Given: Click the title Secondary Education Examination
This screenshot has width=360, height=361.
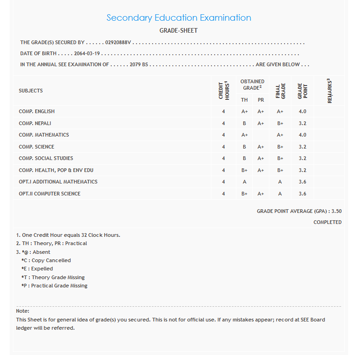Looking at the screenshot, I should tap(178, 18).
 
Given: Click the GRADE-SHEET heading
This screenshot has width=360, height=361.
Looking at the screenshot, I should tap(178, 31).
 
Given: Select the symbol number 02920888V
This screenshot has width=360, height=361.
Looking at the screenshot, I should tap(118, 43).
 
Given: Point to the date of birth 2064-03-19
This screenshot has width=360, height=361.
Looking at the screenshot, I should tap(87, 54).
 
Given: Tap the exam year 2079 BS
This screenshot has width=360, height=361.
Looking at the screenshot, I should tap(139, 65).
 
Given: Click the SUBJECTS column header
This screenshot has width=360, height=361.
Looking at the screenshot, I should tap(31, 91).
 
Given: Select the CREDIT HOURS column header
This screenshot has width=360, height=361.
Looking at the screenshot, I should tap(223, 91).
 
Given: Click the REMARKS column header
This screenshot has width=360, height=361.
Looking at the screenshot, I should tap(329, 91).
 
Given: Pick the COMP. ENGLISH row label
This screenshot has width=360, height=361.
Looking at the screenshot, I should tap(37, 112).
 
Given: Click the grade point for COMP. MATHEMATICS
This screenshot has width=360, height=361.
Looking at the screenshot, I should tap(302, 135).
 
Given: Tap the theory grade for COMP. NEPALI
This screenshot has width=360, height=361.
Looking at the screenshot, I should tap(244, 123).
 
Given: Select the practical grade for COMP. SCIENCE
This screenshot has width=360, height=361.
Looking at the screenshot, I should tap(261, 147).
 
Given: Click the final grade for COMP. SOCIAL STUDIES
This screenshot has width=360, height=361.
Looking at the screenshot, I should tap(280, 159).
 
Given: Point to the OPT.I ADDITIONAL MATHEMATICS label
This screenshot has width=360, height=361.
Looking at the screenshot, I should tap(58, 182).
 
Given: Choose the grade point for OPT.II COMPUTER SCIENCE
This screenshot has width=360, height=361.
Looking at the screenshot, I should tap(302, 194).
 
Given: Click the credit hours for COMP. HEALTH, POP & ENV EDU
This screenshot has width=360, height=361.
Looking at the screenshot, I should tap(223, 171).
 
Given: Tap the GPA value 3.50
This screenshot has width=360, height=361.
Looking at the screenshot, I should tap(336, 212).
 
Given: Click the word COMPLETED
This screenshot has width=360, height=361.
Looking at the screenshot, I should tap(327, 223).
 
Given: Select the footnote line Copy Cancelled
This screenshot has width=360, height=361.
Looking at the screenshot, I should tap(46, 261).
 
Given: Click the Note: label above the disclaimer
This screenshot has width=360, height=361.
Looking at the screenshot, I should tap(23, 311).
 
